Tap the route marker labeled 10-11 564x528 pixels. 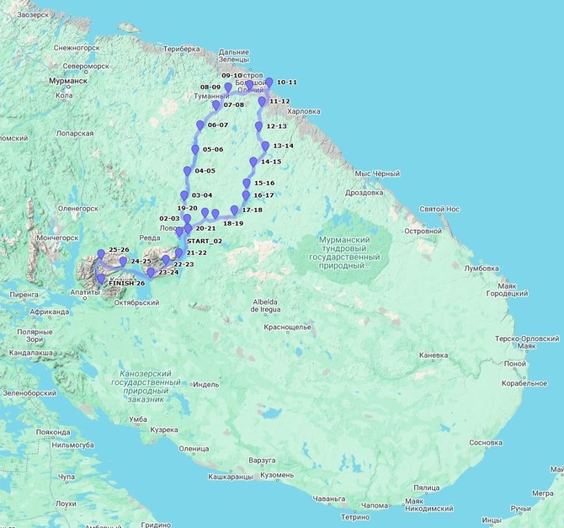(269, 83)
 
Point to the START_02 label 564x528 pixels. (205, 242)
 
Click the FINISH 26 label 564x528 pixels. (127, 283)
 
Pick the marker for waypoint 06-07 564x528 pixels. (200, 125)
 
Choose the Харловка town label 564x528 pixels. (303, 111)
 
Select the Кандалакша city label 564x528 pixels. (27, 353)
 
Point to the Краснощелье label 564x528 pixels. (288, 327)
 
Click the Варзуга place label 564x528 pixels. (262, 461)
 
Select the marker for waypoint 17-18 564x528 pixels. (234, 200)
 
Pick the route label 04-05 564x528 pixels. (205, 171)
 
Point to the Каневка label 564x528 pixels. (434, 355)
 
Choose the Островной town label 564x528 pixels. (423, 230)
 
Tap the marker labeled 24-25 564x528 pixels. (123, 262)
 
